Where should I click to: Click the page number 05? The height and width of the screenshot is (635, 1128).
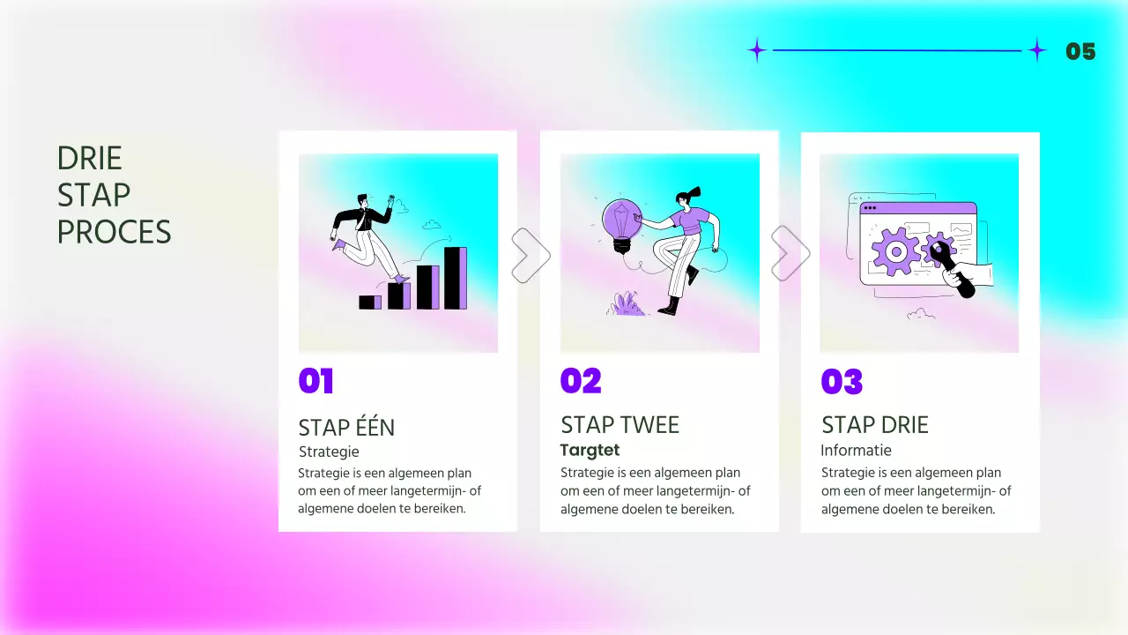1080,51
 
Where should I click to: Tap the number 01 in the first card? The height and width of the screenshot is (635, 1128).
316,381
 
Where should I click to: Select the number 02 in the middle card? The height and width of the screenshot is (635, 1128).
581,381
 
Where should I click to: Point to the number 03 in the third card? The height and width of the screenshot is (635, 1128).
842,382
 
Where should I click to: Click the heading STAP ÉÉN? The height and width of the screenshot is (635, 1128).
346,428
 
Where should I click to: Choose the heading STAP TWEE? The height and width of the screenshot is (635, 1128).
620,425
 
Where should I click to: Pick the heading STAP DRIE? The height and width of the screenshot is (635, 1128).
875,425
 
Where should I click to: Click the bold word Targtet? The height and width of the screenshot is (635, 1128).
590,451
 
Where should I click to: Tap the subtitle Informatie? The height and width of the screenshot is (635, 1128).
856,451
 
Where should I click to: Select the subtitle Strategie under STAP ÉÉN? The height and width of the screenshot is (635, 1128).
329,452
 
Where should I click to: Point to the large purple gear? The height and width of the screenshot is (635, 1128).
895,251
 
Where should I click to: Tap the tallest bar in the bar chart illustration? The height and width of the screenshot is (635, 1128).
455,278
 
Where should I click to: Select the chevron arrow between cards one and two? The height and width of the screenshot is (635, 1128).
530,256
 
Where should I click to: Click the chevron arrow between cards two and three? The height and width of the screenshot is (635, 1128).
790,254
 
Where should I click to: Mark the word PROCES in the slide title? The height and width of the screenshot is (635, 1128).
114,232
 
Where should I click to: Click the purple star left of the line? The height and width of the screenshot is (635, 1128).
756,50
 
